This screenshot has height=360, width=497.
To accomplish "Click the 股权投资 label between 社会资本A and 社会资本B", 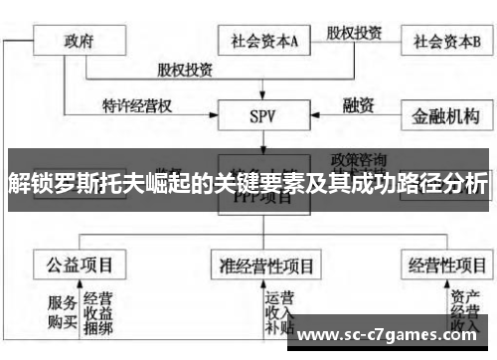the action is point(356,31).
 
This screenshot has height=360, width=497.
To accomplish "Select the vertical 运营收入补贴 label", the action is point(279,313).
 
